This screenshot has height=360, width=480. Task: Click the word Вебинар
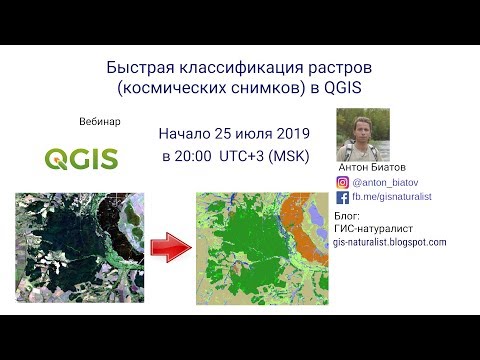pyautogui.click(x=99, y=121)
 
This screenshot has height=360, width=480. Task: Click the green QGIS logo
pyautogui.click(x=82, y=158)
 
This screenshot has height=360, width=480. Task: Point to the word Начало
pyautogui.click(x=191, y=134)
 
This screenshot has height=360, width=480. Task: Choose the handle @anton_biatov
pyautogui.click(x=383, y=183)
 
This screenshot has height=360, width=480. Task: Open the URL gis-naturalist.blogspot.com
pyautogui.click(x=389, y=242)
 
